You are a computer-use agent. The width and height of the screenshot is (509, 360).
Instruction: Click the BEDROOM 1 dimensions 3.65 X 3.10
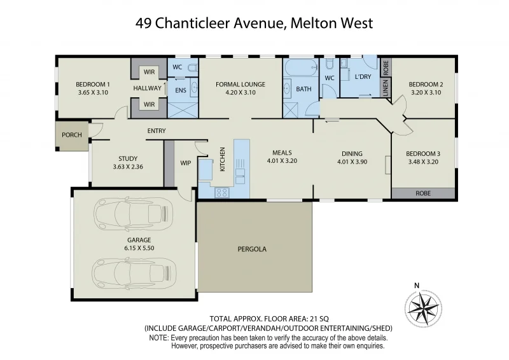click(94, 92)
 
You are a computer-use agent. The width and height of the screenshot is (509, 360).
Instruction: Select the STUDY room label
click(128, 159)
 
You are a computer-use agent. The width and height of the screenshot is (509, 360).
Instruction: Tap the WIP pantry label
click(186, 163)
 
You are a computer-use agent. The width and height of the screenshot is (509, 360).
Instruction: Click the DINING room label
click(352, 153)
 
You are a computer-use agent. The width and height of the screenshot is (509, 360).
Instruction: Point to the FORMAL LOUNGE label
click(241, 84)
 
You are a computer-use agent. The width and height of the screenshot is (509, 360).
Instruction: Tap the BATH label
click(304, 89)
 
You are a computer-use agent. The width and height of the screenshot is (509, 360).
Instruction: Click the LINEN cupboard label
click(385, 88)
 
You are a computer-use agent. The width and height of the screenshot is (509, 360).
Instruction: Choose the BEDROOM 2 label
click(426, 84)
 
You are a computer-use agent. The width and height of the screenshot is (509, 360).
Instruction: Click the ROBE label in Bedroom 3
click(423, 193)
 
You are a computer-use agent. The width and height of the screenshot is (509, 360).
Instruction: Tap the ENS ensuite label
click(180, 90)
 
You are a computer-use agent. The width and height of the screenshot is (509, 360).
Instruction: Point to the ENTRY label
click(156, 131)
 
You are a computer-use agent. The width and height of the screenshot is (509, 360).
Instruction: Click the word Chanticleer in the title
click(199, 24)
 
